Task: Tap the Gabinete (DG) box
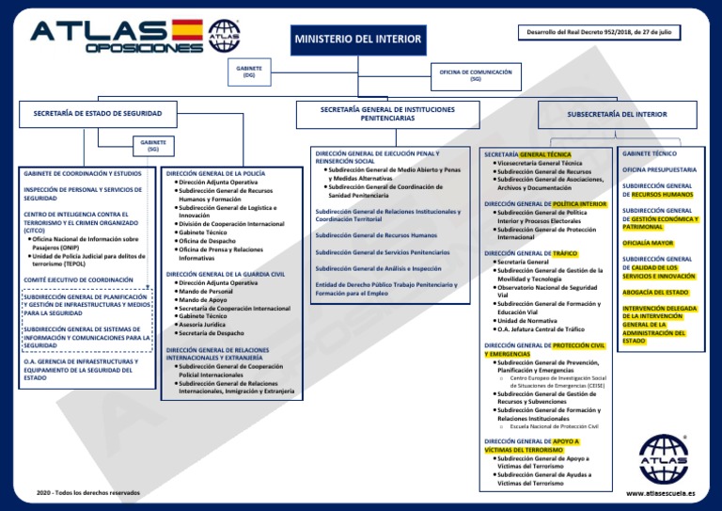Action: pyautogui.click(x=249, y=72)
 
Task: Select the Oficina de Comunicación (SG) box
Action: pyautogui.click(x=476, y=74)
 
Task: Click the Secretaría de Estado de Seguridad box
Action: pyautogui.click(x=98, y=114)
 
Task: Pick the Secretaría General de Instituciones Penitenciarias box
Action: pyautogui.click(x=387, y=114)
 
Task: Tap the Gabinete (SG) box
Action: pyautogui.click(x=153, y=145)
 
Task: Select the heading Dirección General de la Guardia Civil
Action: pyautogui.click(x=225, y=274)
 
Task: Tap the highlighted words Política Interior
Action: pyautogui.click(x=579, y=203)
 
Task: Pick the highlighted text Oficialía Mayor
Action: pyautogui.click(x=648, y=243)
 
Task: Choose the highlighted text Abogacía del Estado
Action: pyautogui.click(x=654, y=292)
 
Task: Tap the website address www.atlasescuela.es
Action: pyautogui.click(x=660, y=492)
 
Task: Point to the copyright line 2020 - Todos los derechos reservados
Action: pyautogui.click(x=87, y=493)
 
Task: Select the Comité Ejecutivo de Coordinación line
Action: pyautogui.click(x=78, y=280)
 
